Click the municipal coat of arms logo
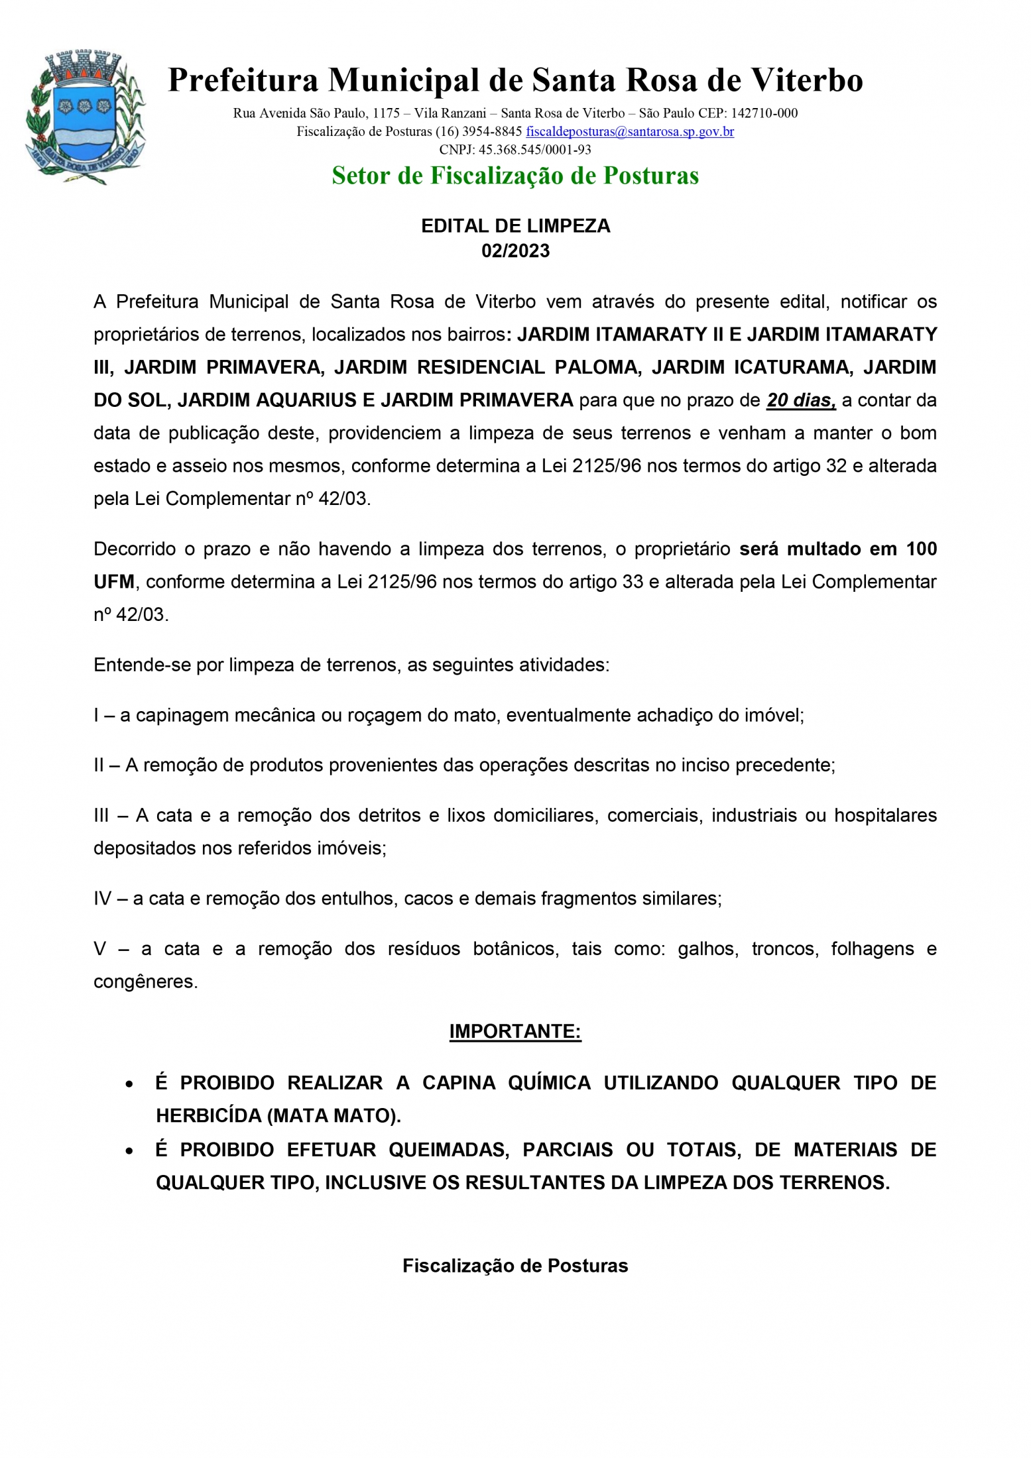[x=85, y=117]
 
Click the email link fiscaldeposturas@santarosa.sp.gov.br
[x=629, y=131]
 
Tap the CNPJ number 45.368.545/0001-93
[x=534, y=150]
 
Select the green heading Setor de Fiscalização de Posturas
[x=515, y=176]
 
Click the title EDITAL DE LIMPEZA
[x=515, y=226]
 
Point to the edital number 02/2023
[x=515, y=251]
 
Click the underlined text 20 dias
[x=800, y=400]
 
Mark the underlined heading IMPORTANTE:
[x=515, y=1031]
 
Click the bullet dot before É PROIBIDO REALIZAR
[x=129, y=1084]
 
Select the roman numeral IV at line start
[x=103, y=899]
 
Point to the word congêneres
[x=145, y=981]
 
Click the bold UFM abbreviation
[x=113, y=582]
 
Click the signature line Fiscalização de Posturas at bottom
[x=515, y=1266]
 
